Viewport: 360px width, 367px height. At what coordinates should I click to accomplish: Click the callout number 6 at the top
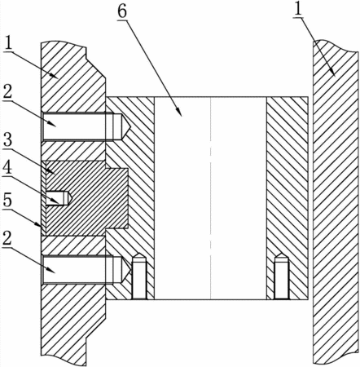tap(122, 12)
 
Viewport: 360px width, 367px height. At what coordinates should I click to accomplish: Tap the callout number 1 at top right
tap(298, 10)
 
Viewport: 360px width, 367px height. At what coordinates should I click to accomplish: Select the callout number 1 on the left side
tap(9, 43)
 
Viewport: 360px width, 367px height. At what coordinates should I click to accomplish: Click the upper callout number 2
tap(7, 93)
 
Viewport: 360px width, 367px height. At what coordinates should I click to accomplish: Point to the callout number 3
tap(7, 141)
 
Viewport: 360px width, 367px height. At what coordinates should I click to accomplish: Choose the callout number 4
tap(7, 169)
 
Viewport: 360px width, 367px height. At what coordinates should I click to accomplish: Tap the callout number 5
tap(7, 201)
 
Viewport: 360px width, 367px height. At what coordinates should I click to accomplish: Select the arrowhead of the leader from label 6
tap(179, 113)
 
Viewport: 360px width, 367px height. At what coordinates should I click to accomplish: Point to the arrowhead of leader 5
tap(38, 224)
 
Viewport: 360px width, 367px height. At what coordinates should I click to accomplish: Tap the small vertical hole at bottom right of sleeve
tap(281, 276)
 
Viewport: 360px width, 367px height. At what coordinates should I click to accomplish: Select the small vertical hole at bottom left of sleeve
tap(139, 276)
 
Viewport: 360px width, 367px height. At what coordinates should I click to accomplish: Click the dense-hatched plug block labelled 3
tap(86, 198)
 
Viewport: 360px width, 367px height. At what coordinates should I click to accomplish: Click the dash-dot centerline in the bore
tap(211, 198)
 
